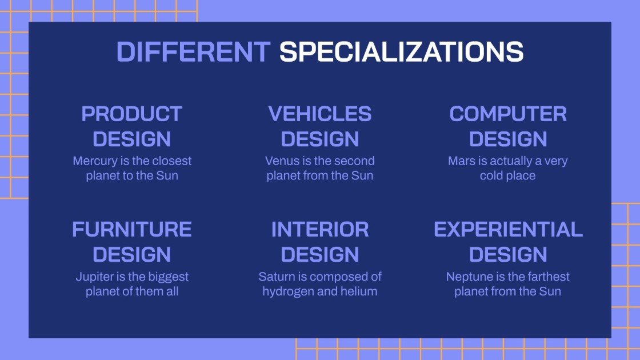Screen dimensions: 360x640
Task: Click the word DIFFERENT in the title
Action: [193, 52]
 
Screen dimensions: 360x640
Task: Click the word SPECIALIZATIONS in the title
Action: [401, 52]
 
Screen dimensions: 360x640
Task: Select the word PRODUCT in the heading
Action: [132, 114]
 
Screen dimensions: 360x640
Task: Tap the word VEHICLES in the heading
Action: [320, 114]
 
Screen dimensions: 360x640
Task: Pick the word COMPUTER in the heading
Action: [508, 114]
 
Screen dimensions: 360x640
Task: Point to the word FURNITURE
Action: [132, 229]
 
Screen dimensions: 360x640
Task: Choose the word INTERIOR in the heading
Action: [320, 229]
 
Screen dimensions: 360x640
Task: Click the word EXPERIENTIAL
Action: [508, 229]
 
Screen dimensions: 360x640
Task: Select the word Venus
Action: [280, 161]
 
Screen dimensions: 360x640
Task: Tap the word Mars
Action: [461, 161]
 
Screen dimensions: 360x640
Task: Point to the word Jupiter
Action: [94, 277]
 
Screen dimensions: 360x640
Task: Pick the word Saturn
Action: [275, 277]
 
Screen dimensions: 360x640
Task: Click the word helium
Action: [359, 291]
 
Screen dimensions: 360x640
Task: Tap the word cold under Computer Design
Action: [491, 175]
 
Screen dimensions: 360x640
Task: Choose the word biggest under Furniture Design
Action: [168, 277]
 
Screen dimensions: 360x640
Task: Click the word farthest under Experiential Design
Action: [547, 277]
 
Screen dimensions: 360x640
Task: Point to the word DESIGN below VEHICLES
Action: [320, 139]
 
